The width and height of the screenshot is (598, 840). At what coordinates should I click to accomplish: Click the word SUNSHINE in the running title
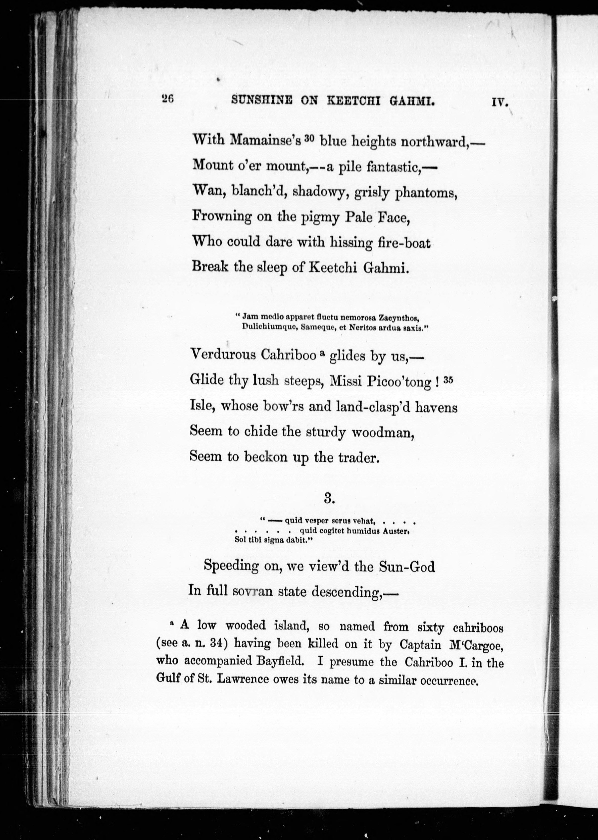pyautogui.click(x=262, y=100)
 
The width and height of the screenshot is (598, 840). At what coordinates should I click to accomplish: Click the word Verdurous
pyautogui.click(x=223, y=354)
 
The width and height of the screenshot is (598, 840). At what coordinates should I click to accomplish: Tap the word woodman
pyautogui.click(x=383, y=432)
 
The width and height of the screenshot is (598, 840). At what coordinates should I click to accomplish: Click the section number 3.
pyautogui.click(x=329, y=498)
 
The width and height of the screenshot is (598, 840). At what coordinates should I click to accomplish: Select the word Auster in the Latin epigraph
pyautogui.click(x=395, y=531)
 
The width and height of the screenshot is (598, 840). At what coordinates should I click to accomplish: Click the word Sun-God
pyautogui.click(x=407, y=566)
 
